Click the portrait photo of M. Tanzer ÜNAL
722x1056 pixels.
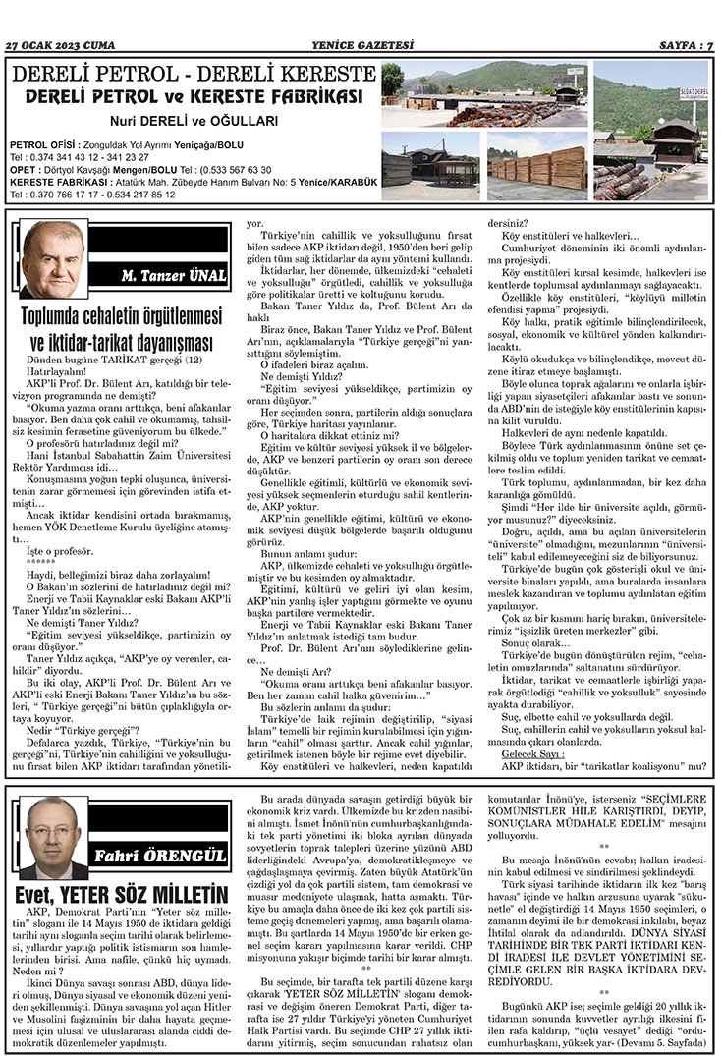53,259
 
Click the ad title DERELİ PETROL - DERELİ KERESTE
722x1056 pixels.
193,75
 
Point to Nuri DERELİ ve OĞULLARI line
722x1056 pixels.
193,121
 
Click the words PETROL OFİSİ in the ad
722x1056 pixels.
38,144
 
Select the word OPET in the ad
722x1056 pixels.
23,170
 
